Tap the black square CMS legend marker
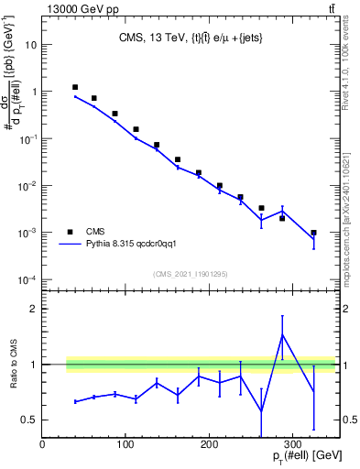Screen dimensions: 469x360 tap(70, 232)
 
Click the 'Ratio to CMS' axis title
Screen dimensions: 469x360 tap(13, 365)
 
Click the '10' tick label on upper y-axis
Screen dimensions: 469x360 tap(31, 44)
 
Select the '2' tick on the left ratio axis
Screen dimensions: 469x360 tap(34, 309)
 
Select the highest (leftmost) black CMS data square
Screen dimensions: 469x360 tap(75, 87)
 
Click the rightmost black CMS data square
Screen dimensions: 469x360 tap(313, 233)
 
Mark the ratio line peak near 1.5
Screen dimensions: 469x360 tap(282, 335)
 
